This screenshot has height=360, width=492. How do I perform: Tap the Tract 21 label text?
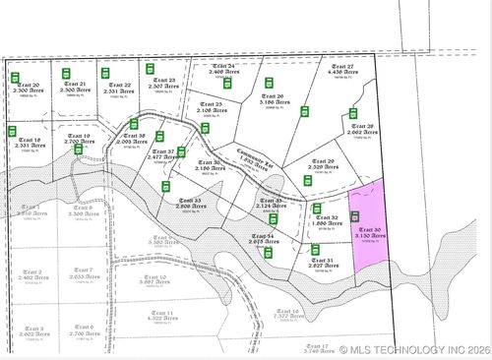75,88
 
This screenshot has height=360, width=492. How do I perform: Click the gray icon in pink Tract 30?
355,216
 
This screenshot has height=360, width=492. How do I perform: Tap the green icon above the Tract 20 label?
16,77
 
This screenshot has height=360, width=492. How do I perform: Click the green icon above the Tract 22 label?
105,73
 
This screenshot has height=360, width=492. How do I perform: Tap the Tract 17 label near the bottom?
317,347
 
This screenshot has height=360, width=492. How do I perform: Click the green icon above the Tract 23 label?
151,69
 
